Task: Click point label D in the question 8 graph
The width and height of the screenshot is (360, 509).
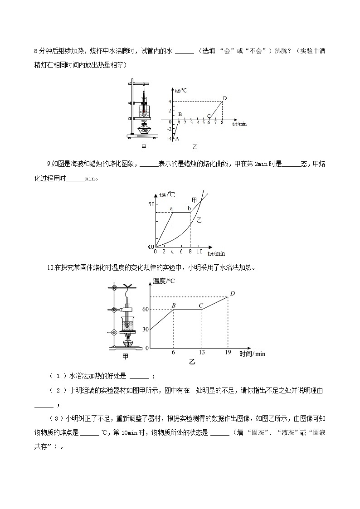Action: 224,98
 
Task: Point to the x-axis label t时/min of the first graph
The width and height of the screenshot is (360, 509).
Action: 239,124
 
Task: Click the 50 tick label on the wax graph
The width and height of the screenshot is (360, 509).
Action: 151,204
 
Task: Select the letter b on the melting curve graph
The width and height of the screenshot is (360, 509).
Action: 189,208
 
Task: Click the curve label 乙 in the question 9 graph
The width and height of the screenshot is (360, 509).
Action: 199,220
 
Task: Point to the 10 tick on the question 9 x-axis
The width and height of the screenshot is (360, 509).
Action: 199,252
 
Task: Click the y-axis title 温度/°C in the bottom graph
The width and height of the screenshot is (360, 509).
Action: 164,281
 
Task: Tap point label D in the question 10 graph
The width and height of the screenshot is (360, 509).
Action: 232,293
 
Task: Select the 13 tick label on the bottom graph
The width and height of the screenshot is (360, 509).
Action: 202,352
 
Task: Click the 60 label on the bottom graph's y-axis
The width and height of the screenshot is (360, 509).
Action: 146,310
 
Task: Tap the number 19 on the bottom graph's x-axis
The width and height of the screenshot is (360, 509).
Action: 228,352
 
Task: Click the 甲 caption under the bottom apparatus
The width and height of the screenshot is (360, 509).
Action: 126,356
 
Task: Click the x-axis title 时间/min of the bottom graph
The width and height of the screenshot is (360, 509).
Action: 252,354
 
